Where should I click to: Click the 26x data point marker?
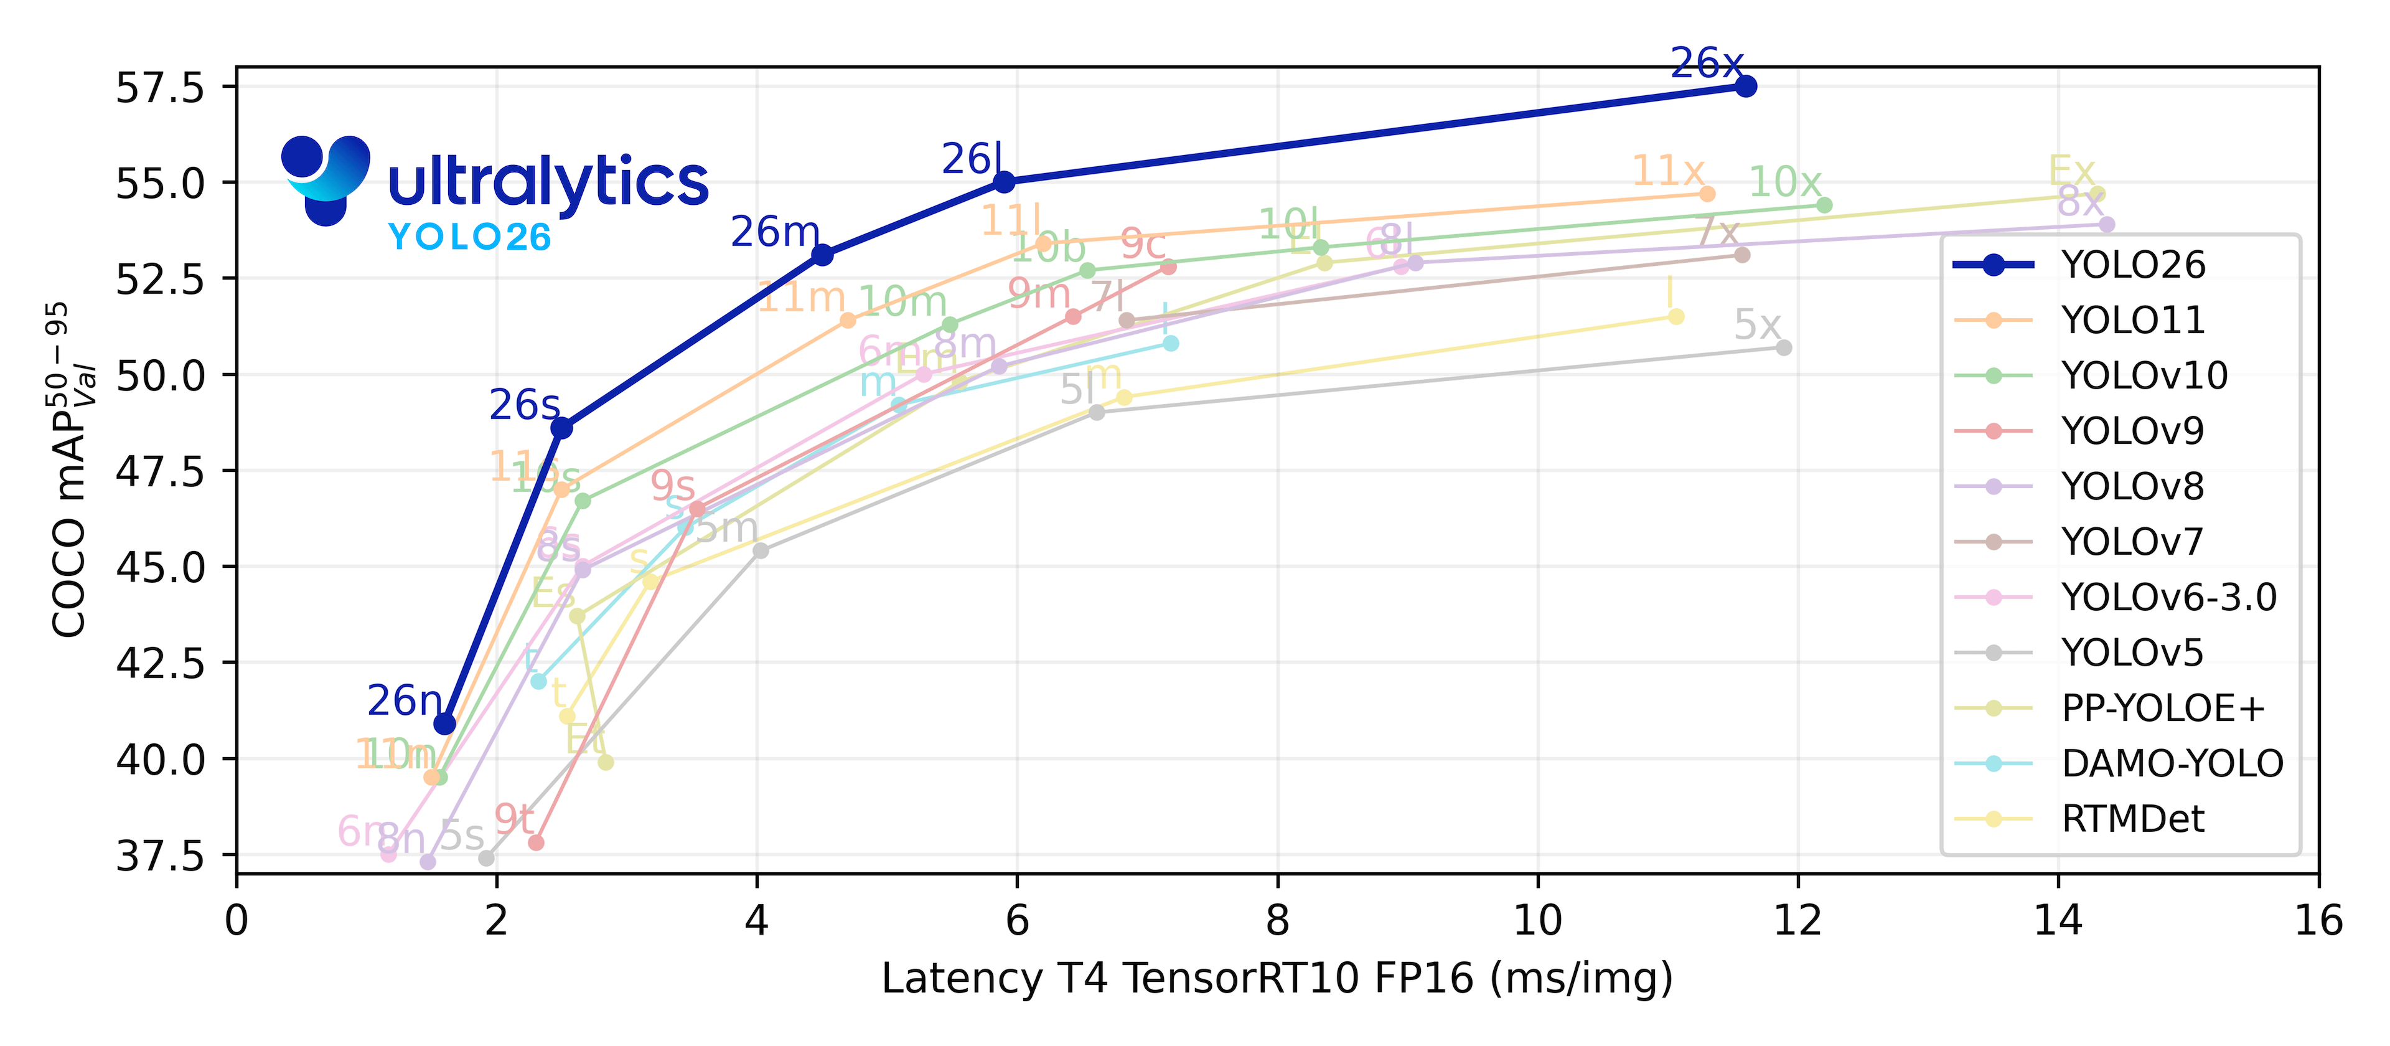(1745, 87)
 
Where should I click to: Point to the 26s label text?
(524, 405)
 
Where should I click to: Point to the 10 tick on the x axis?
(1537, 921)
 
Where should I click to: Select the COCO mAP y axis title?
(70, 469)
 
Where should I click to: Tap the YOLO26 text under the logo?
(469, 238)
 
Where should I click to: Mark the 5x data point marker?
(1783, 348)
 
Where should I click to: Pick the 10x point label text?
(1784, 182)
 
